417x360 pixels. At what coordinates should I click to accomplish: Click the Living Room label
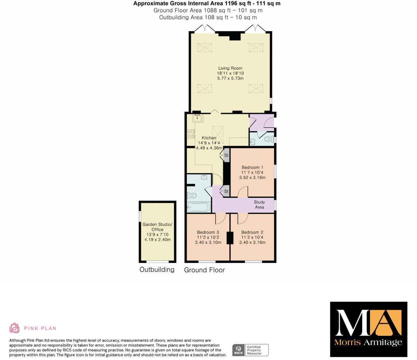[x=230, y=68]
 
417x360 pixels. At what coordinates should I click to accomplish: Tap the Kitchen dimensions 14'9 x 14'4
[x=209, y=143]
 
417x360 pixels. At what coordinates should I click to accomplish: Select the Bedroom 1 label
[x=252, y=167]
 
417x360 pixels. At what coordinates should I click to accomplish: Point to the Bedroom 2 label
[x=252, y=232]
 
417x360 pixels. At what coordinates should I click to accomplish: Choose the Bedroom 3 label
[x=208, y=232]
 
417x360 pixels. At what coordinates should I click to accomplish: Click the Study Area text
[x=259, y=204]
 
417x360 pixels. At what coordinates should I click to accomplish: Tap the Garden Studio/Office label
[x=157, y=227]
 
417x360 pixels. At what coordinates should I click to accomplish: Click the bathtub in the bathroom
[x=199, y=207]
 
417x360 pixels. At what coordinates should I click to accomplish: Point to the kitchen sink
[x=197, y=118]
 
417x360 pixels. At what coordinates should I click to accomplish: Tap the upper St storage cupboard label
[x=226, y=155]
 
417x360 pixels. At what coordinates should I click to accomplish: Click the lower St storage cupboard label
[x=226, y=191]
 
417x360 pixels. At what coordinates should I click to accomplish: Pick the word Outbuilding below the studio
[x=157, y=269]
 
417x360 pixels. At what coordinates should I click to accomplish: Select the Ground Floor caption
[x=204, y=270]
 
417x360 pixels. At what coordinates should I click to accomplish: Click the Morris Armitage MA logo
[x=368, y=329]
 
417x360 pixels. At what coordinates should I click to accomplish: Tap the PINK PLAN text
[x=40, y=328]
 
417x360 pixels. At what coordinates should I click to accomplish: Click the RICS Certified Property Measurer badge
[x=250, y=350]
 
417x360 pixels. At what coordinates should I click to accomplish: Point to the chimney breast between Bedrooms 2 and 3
[x=230, y=238]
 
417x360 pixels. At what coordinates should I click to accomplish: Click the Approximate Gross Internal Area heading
[x=207, y=3]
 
